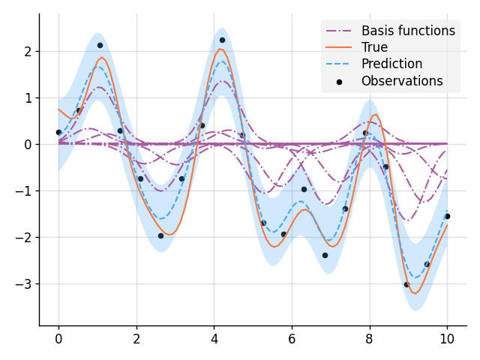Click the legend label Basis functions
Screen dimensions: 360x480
point(408,31)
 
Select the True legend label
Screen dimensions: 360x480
point(374,47)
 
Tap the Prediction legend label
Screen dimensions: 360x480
point(391,64)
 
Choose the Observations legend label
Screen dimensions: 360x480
point(402,81)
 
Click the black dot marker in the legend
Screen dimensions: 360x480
point(340,81)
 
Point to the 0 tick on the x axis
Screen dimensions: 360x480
point(58,338)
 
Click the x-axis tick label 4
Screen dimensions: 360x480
point(214,338)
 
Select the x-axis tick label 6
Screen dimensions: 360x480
point(292,338)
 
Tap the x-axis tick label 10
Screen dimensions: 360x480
point(447,338)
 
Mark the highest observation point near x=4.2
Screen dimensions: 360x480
point(222,40)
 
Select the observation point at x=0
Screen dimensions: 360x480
point(58,132)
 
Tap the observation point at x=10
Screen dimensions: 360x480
point(447,216)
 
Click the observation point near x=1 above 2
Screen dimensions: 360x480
point(100,45)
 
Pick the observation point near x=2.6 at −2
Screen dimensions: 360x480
point(160,235)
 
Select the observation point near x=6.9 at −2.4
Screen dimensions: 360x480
point(325,255)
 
